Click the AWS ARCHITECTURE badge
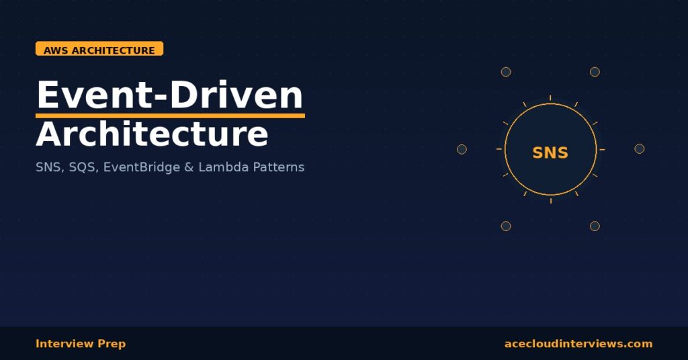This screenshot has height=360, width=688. point(99,50)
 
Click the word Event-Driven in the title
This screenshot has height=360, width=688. point(170,95)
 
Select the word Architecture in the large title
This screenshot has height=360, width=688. point(152,134)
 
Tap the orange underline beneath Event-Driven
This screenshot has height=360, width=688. point(170,116)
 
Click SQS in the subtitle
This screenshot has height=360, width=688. point(82,167)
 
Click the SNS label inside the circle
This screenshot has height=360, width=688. point(550,153)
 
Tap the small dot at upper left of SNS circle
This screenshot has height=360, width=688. point(506,72)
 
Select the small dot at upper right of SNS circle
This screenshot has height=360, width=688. point(595,72)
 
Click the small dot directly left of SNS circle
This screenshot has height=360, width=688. point(462,149)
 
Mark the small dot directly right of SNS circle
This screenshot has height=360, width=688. point(640,148)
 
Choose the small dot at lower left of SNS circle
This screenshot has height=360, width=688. point(506,226)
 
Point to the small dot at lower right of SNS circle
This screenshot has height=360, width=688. point(595,226)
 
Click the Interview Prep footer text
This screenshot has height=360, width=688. point(81,344)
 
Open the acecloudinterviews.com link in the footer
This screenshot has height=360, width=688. point(578,344)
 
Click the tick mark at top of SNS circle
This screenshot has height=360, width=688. point(550,98)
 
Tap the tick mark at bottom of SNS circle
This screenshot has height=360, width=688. point(550,200)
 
